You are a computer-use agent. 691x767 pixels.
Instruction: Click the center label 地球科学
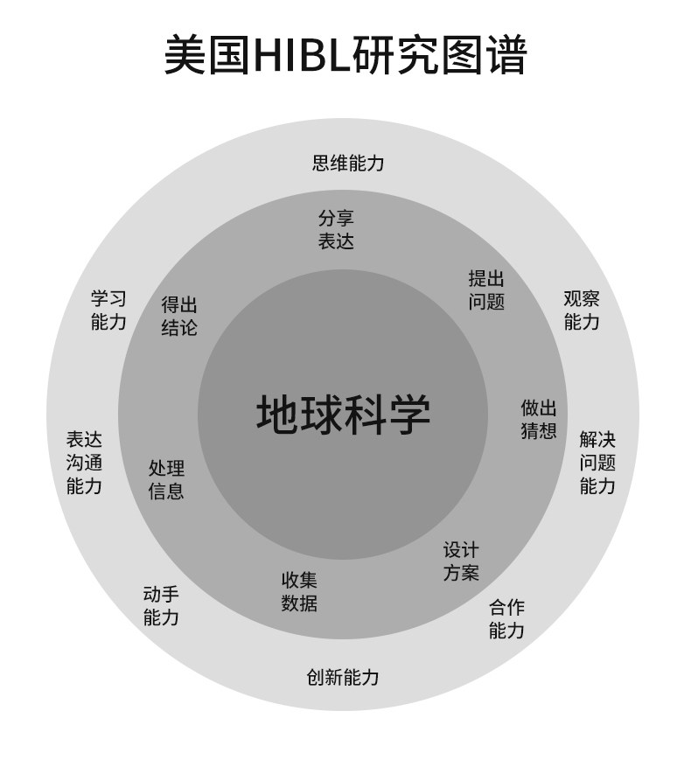[x=343, y=414]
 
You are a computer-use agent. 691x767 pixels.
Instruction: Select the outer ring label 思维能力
[x=348, y=163]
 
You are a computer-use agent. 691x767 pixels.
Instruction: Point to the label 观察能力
[x=582, y=310]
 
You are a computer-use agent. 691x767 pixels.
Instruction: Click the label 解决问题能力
[x=597, y=463]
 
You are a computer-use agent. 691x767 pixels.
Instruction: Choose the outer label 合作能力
[x=506, y=619]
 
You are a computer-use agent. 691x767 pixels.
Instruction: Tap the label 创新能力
[x=343, y=677]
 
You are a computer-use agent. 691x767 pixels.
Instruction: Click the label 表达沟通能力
[x=84, y=463]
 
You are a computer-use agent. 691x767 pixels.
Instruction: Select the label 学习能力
[x=108, y=310]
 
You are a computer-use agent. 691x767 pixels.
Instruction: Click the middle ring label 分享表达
[x=336, y=230]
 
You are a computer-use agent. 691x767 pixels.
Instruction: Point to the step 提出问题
[x=486, y=290]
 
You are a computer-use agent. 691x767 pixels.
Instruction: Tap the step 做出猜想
[x=539, y=419]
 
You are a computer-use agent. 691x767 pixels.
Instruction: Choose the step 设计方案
[x=461, y=561]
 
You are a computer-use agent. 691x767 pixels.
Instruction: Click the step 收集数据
[x=299, y=592]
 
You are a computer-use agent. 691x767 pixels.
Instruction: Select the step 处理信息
[x=166, y=479]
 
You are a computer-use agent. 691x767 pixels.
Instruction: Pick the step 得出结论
[x=179, y=317]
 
